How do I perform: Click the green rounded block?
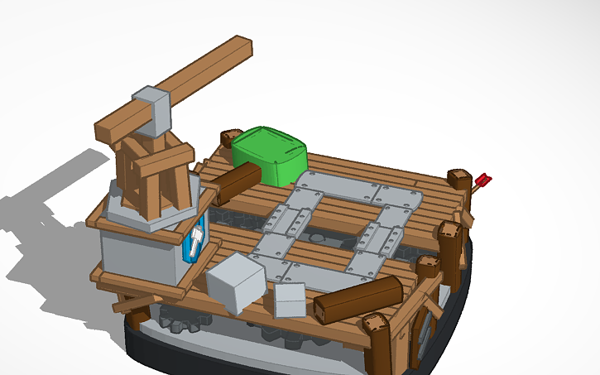pos(269,155)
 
